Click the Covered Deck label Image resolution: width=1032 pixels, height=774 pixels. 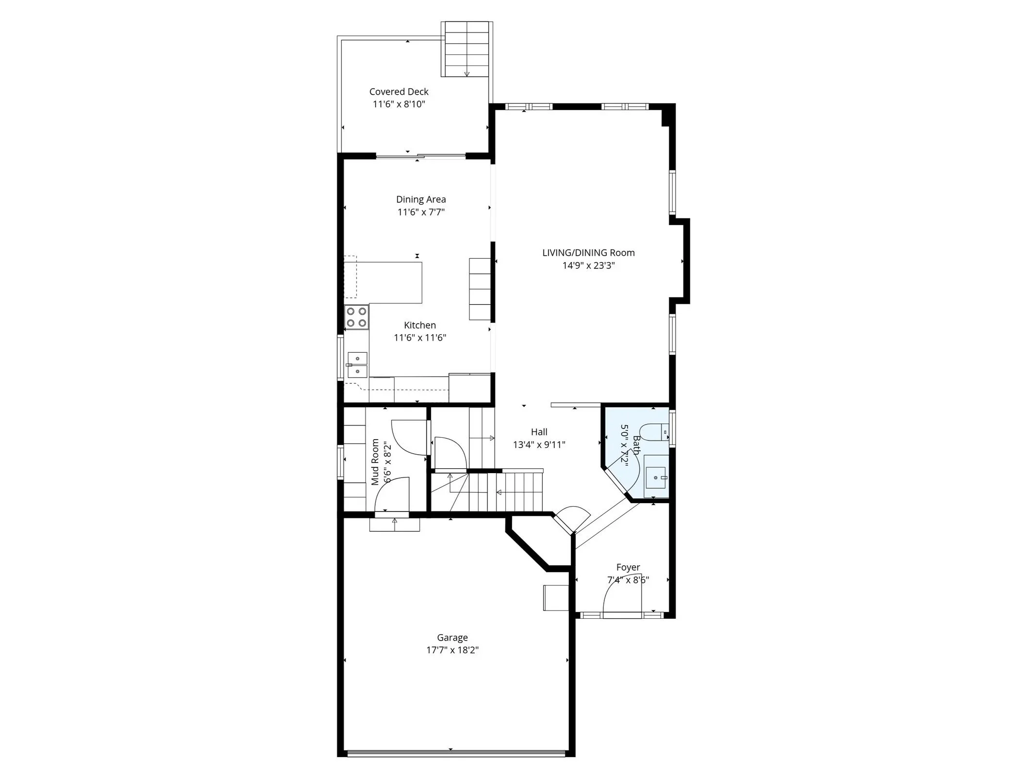pyautogui.click(x=399, y=92)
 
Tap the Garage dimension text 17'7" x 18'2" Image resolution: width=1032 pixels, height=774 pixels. pyautogui.click(x=452, y=650)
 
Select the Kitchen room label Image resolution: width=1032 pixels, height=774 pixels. pyautogui.click(x=420, y=325)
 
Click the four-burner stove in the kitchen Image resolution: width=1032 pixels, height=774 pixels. pyautogui.click(x=357, y=317)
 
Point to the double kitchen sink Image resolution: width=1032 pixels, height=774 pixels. pyautogui.click(x=357, y=365)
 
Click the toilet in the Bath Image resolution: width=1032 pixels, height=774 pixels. pyautogui.click(x=653, y=431)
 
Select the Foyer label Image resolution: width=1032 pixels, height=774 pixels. pyautogui.click(x=628, y=567)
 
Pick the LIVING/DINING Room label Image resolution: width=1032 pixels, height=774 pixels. pyautogui.click(x=588, y=253)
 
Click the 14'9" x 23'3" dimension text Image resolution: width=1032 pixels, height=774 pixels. pyautogui.click(x=588, y=265)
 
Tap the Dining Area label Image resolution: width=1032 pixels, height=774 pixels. pyautogui.click(x=421, y=199)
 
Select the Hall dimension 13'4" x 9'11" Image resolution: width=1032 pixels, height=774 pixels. pyautogui.click(x=539, y=445)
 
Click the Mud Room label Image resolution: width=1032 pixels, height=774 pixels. pyautogui.click(x=375, y=462)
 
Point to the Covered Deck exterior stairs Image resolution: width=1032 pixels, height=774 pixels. pyautogui.click(x=466, y=49)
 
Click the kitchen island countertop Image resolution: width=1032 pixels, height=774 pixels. pyautogui.click(x=388, y=282)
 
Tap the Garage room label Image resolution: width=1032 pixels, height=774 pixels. pyautogui.click(x=452, y=638)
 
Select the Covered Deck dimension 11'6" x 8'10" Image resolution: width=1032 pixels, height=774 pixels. pyautogui.click(x=399, y=104)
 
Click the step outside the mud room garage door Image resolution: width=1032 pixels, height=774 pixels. pyautogui.click(x=394, y=525)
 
